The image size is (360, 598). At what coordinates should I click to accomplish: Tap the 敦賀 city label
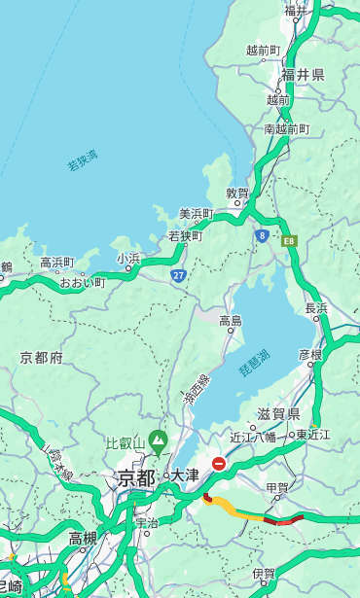click(x=237, y=193)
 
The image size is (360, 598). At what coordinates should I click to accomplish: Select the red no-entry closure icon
click(x=219, y=465)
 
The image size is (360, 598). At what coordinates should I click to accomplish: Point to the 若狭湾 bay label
click(x=83, y=160)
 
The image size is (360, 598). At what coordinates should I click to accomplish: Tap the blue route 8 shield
click(x=262, y=235)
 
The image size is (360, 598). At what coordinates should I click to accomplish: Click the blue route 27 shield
click(x=178, y=276)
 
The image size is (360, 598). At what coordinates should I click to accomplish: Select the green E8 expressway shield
click(x=289, y=239)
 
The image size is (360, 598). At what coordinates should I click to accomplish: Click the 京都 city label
click(x=136, y=477)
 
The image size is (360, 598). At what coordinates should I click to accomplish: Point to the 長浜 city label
click(x=316, y=308)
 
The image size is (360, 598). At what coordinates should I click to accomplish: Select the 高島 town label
click(x=231, y=321)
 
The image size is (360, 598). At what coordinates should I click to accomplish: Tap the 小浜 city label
click(x=128, y=259)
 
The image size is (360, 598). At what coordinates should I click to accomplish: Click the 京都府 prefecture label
click(x=42, y=358)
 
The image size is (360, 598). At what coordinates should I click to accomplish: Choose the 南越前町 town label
click(x=286, y=129)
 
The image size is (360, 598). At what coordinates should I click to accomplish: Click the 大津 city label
click(x=185, y=475)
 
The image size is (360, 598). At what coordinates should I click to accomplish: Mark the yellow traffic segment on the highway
click(x=236, y=510)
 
